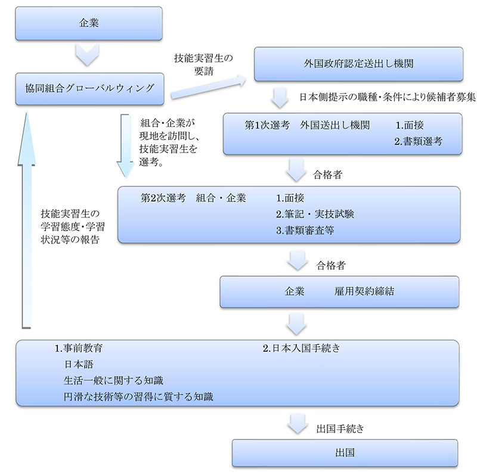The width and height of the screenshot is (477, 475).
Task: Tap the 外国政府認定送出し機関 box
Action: (359, 64)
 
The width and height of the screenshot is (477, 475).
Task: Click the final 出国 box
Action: (345, 452)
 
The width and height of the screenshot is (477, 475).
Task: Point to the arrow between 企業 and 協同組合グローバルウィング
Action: (88, 57)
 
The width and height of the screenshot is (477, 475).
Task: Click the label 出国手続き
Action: (340, 428)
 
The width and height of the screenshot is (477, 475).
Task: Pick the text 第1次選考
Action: (267, 126)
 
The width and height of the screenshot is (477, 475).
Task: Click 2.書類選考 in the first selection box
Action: (418, 142)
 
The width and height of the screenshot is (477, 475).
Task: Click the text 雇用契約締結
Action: (364, 292)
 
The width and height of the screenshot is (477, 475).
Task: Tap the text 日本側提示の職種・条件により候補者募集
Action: (387, 95)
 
